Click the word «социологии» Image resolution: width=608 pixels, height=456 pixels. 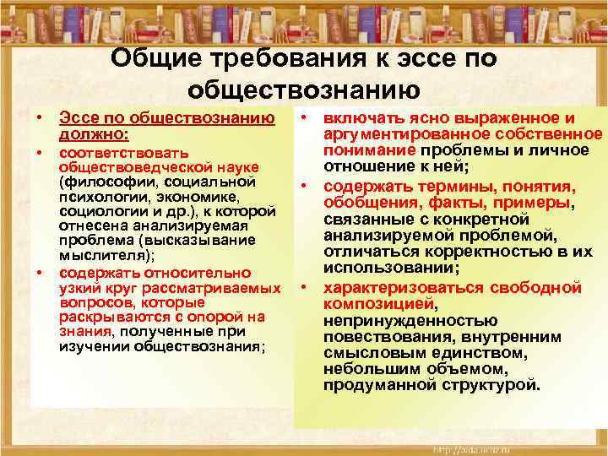98,210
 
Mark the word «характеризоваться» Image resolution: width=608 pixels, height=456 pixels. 404,288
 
